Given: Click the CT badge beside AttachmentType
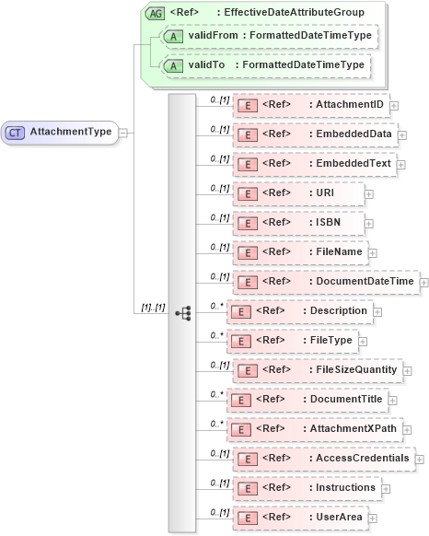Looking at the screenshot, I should coord(16,132).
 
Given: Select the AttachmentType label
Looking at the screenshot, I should coord(70,132).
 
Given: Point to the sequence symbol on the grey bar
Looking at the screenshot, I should coord(182,313).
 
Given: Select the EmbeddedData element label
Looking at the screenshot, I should coord(354,134).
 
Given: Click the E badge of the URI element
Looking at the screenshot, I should coord(246,193).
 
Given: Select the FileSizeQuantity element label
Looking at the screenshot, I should coord(355,369).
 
